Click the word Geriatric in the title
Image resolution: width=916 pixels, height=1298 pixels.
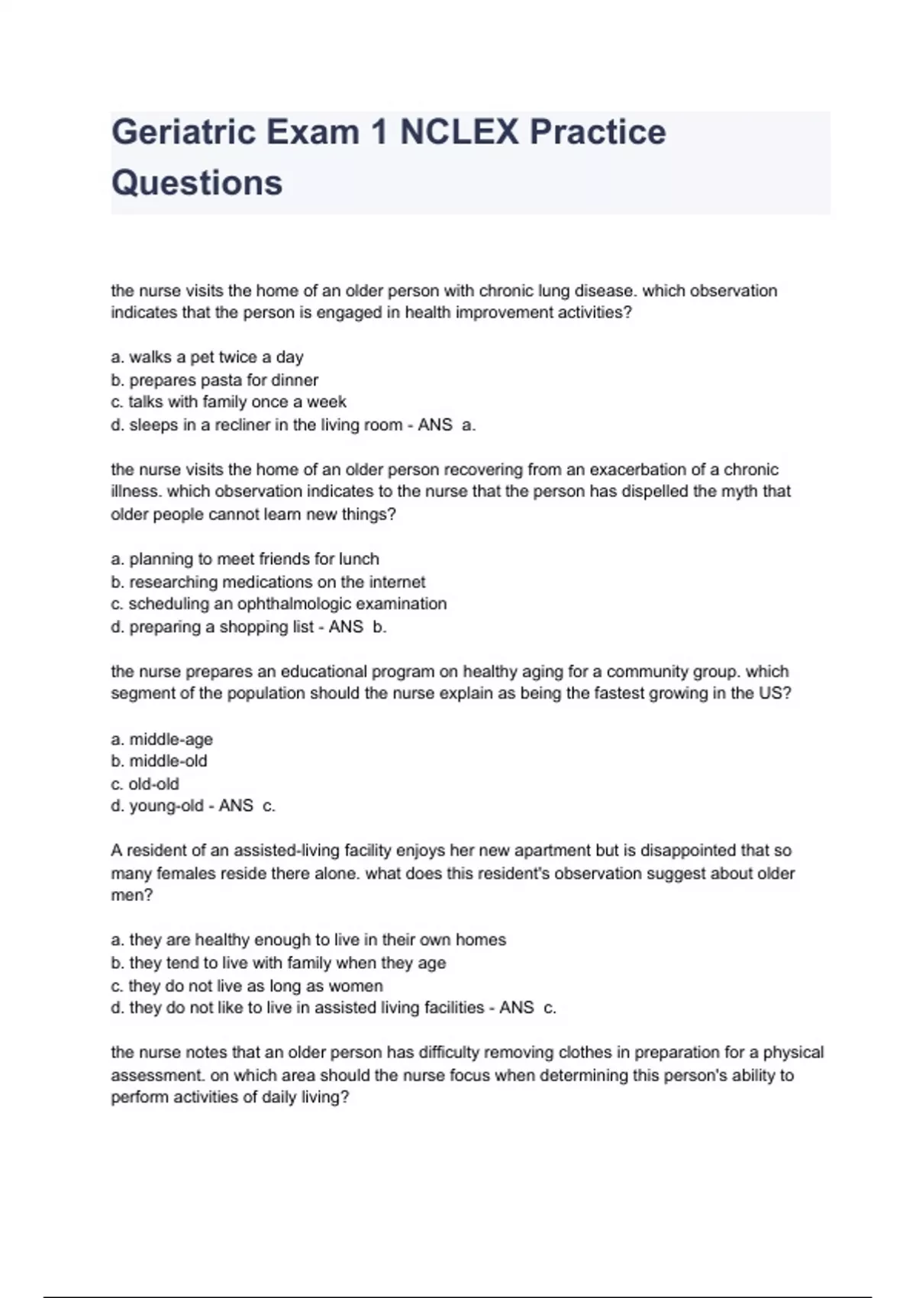click(183, 132)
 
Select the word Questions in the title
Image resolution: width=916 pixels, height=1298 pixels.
click(197, 183)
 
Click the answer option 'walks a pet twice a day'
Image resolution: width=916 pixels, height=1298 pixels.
click(207, 357)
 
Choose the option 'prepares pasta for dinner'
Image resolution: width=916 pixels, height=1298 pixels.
click(214, 380)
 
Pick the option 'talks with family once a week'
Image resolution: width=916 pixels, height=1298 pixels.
click(228, 402)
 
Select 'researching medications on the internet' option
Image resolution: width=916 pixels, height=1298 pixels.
click(268, 582)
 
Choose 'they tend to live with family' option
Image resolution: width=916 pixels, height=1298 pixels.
click(279, 963)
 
